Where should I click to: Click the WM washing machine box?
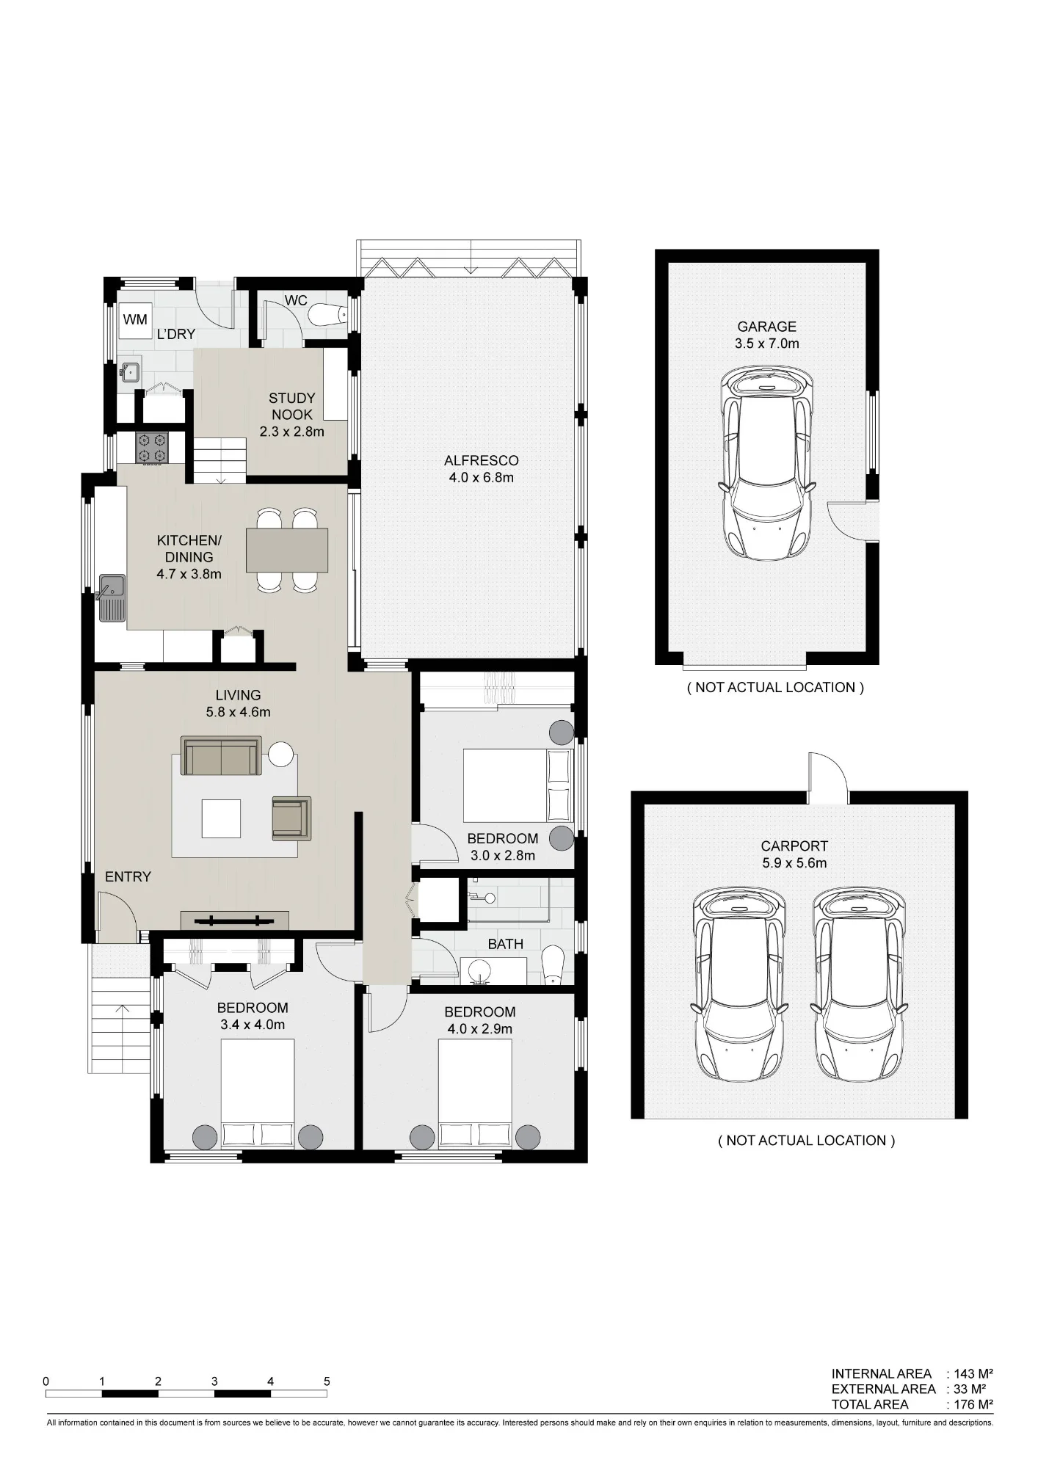coord(135,320)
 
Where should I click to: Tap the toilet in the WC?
coord(327,315)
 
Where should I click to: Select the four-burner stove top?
coord(152,448)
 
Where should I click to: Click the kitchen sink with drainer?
coord(112,597)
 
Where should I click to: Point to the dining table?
coord(287,550)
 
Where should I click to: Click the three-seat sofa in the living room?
coord(221,757)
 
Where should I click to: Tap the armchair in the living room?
coord(291,818)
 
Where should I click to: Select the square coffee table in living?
coord(221,818)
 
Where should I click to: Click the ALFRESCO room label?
coord(481,461)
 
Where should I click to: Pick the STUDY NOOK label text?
coord(292,406)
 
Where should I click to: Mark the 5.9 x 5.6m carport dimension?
coord(794,863)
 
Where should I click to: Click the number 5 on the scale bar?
coord(327,1381)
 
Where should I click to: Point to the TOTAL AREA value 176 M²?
coord(973,1404)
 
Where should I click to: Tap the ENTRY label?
coord(128,876)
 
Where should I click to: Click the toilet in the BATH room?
coord(551,964)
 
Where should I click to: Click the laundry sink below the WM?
coord(131,372)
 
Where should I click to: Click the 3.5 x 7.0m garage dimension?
coord(767,343)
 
